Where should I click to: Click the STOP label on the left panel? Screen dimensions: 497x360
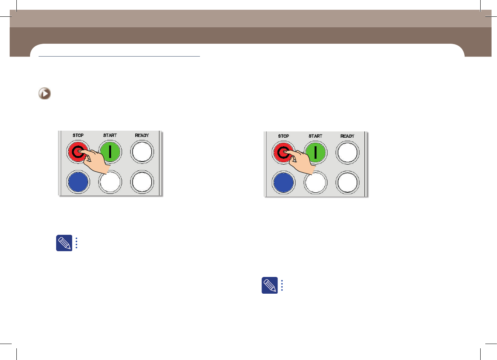78,135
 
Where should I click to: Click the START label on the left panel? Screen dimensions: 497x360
110,135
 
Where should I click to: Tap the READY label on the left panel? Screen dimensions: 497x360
142,135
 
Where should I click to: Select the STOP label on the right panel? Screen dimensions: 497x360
283,136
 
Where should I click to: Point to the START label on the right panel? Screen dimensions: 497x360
315,136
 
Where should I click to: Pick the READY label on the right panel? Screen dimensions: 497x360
347,136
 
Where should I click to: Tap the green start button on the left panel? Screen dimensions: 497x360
110,152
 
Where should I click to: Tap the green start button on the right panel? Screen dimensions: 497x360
316,153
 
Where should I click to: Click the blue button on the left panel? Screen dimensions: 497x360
78,182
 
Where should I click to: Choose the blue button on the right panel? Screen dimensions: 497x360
283,183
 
